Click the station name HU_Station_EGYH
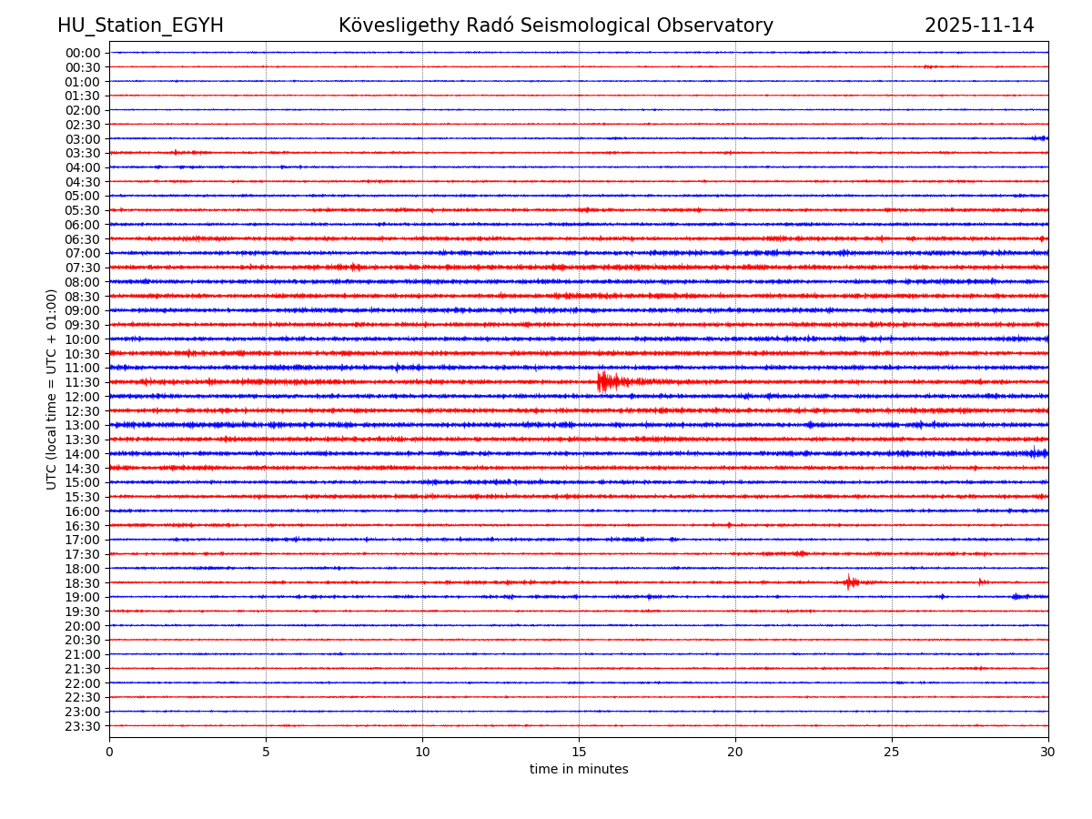point(140,25)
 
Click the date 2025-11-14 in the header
point(979,25)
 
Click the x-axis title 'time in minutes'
point(579,770)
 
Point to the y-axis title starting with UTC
point(52,389)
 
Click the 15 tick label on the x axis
point(579,753)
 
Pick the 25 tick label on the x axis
point(892,753)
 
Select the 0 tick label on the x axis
point(109,753)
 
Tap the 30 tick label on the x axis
point(1048,753)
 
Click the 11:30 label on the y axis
point(82,382)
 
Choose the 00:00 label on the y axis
point(82,53)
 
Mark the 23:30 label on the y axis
point(82,726)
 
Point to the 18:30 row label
point(82,582)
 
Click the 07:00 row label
point(82,253)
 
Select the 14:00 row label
point(82,454)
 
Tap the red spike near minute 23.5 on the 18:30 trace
point(849,581)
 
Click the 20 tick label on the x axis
point(735,753)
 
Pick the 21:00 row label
point(82,654)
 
